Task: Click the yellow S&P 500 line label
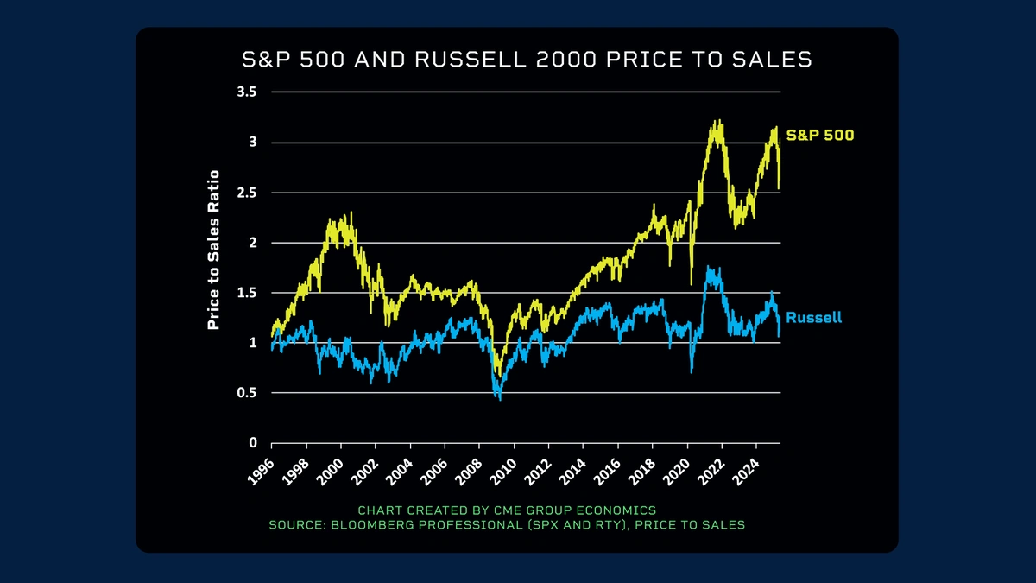click(820, 136)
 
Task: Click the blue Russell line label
click(813, 318)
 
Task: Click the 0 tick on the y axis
click(253, 443)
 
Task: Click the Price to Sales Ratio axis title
click(213, 250)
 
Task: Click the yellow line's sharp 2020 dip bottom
click(692, 283)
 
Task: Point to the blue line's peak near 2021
click(709, 268)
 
